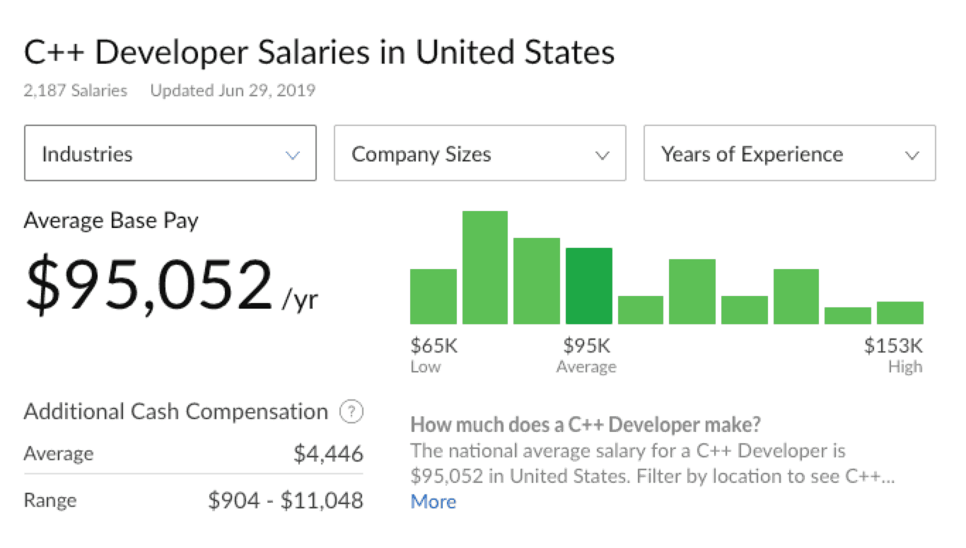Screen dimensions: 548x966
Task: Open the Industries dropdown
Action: pyautogui.click(x=170, y=154)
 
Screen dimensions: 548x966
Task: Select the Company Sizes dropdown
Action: pyautogui.click(x=479, y=154)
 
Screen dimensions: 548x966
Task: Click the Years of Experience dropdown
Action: pyautogui.click(x=789, y=154)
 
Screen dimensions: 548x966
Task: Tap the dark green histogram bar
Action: pyautogui.click(x=589, y=286)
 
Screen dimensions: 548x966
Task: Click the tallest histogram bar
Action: pyautogui.click(x=485, y=268)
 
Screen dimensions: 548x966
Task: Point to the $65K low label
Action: pyautogui.click(x=434, y=346)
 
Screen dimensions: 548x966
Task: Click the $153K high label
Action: pyautogui.click(x=893, y=346)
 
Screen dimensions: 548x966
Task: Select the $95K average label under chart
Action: pyautogui.click(x=586, y=346)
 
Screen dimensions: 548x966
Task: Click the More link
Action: pyautogui.click(x=433, y=502)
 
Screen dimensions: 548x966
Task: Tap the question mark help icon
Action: pyautogui.click(x=351, y=412)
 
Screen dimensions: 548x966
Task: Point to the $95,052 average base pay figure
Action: pyautogui.click(x=149, y=285)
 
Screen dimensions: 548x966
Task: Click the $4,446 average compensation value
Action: pyautogui.click(x=328, y=454)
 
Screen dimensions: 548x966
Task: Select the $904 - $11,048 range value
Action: pyautogui.click(x=286, y=501)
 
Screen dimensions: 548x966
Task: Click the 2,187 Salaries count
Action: pyautogui.click(x=76, y=91)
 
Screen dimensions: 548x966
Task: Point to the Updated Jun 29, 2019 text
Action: pyautogui.click(x=233, y=91)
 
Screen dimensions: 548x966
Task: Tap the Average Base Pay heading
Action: pyautogui.click(x=111, y=221)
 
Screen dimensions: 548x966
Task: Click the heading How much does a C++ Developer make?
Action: pyautogui.click(x=586, y=425)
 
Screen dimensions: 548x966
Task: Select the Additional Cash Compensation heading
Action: pyautogui.click(x=176, y=412)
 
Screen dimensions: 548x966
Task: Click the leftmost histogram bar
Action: pyautogui.click(x=433, y=297)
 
